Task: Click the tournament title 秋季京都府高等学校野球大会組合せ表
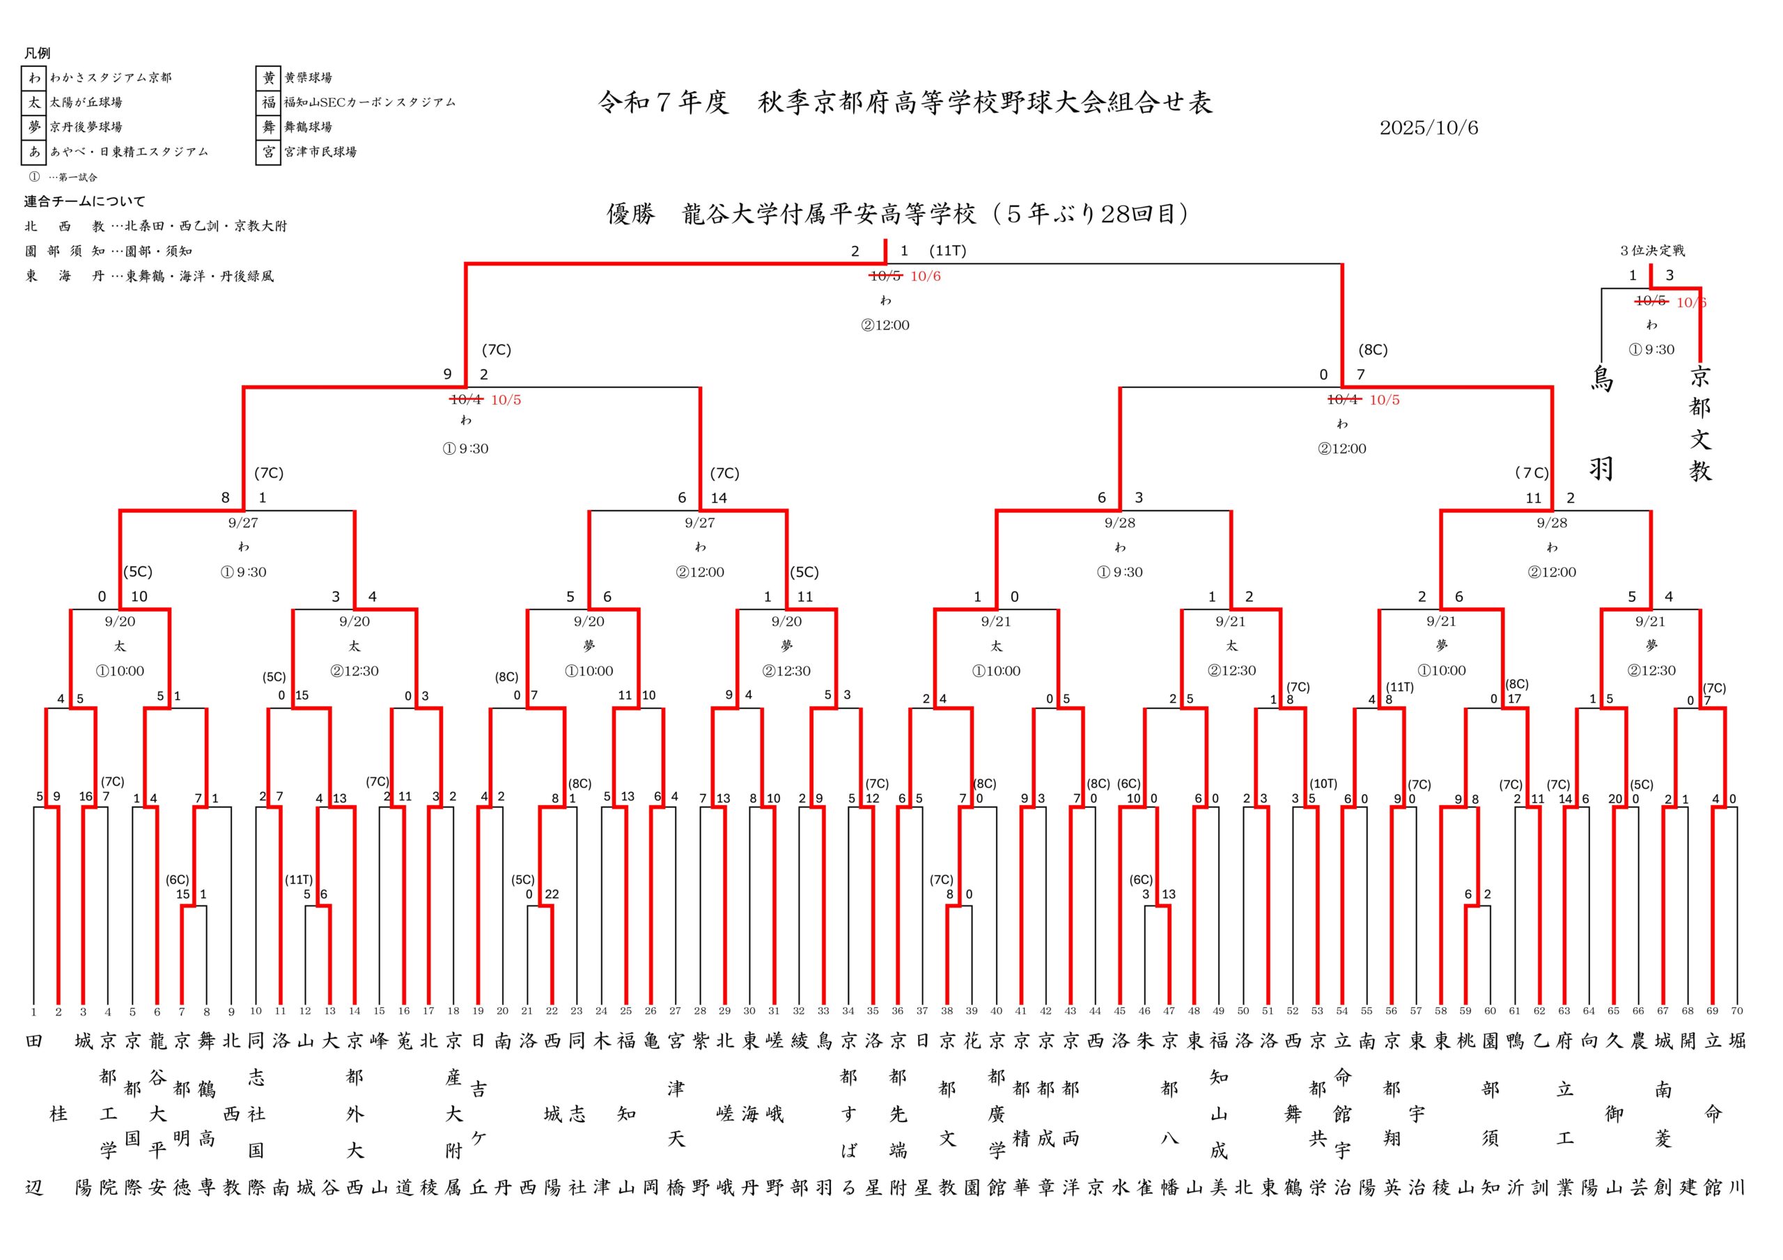click(x=985, y=103)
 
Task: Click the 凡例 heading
click(x=38, y=53)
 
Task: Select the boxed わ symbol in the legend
click(x=34, y=78)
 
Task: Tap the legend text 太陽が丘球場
click(x=86, y=102)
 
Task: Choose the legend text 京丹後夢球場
click(x=86, y=127)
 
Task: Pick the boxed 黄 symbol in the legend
click(x=269, y=78)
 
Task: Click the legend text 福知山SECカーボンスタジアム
click(x=370, y=102)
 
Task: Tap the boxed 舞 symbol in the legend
click(x=269, y=127)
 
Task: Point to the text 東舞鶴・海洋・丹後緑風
click(x=200, y=277)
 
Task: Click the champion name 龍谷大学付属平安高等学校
click(x=829, y=215)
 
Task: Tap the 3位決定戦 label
click(x=1652, y=251)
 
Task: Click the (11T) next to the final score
click(x=947, y=251)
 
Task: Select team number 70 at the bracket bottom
click(x=1736, y=1011)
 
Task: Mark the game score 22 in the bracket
click(x=552, y=894)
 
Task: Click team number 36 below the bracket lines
click(x=897, y=1011)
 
